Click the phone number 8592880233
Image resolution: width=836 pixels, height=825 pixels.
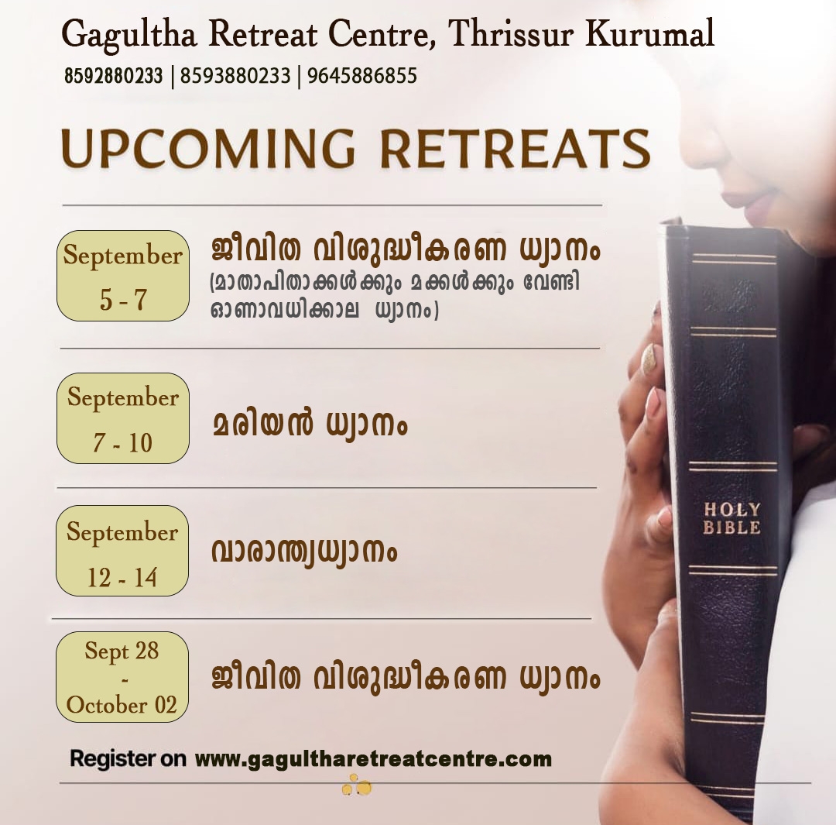coord(113,76)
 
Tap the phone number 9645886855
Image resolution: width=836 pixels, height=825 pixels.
coord(362,76)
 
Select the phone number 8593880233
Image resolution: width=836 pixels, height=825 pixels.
coord(235,76)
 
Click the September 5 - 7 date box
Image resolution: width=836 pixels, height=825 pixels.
coord(123,276)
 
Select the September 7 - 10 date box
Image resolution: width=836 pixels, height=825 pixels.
coord(123,418)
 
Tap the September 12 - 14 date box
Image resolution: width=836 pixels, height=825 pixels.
coord(122,551)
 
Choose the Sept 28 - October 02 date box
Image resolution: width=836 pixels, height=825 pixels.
coord(122,677)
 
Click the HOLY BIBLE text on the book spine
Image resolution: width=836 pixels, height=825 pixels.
coord(731,518)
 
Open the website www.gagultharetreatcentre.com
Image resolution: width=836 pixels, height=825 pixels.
coord(373,759)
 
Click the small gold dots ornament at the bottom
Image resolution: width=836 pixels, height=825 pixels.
coord(357,787)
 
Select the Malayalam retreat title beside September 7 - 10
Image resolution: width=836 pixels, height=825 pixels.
coord(310,425)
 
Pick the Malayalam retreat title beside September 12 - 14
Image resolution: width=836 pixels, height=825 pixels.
coord(304,552)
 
